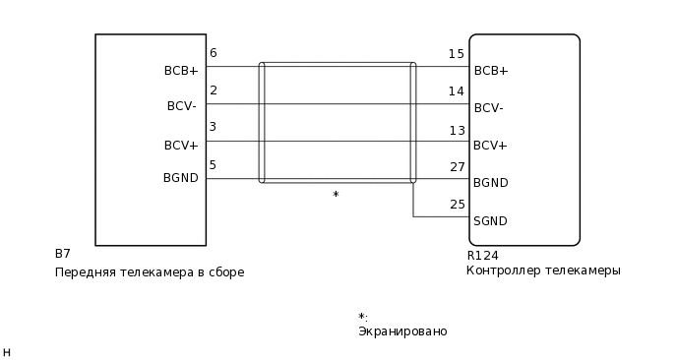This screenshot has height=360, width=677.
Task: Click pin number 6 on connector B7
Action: coord(213,53)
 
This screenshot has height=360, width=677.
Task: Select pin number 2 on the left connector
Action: coord(213,90)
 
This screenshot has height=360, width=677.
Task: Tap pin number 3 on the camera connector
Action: coord(213,128)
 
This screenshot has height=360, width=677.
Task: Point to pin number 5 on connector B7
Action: coord(213,165)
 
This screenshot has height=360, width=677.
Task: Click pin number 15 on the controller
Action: coord(456,54)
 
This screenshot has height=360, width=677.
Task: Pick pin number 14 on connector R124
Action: coord(456,91)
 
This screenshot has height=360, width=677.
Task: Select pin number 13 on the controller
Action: coord(456,130)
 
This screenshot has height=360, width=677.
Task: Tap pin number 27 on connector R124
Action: coord(457,167)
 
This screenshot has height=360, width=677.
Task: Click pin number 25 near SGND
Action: coord(457,205)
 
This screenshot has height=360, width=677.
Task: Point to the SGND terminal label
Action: coord(490,220)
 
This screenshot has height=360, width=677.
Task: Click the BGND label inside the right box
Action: coord(490,183)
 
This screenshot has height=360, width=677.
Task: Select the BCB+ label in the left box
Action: coord(181,71)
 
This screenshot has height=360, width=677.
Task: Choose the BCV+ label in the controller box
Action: coord(490,146)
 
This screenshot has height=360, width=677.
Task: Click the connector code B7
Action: coord(62,254)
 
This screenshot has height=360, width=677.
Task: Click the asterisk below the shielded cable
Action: coord(336,196)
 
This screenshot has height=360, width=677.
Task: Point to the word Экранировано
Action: coord(402,331)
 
